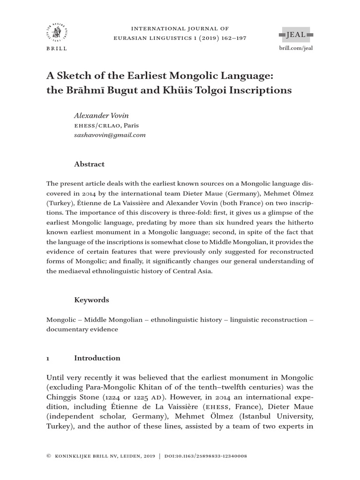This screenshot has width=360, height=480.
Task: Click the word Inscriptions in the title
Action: pos(262,90)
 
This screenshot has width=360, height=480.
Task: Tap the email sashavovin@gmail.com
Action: pos(110,135)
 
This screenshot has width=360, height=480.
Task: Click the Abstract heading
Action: pos(90,164)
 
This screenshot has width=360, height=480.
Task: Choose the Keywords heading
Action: pos(91,300)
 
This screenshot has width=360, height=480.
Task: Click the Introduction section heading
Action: pos(97,358)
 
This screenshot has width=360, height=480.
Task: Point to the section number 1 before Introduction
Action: pos(48,358)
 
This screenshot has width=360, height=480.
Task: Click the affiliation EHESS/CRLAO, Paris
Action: pos(106,125)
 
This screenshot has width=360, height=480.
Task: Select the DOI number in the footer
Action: pos(206,456)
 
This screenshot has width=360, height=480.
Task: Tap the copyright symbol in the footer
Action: pos(49,456)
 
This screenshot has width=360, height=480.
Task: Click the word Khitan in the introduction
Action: pos(166,387)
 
